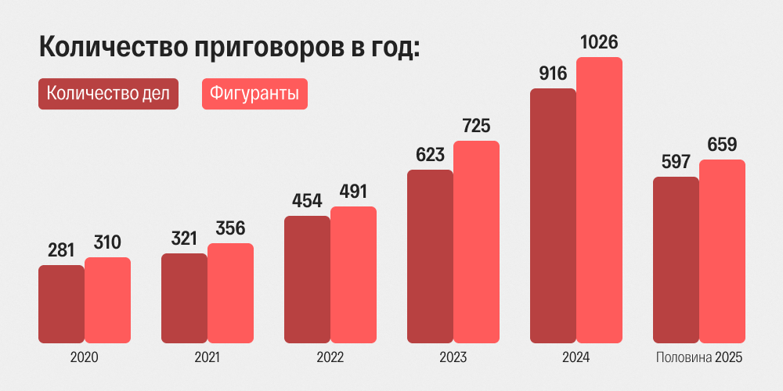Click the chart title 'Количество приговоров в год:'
click(x=229, y=46)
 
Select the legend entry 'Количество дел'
click(x=108, y=94)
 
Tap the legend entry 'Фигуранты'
click(x=254, y=94)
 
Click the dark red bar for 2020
click(x=61, y=303)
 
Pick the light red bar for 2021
click(x=230, y=292)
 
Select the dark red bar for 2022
click(x=307, y=279)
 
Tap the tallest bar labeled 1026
click(x=599, y=199)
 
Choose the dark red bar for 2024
click(x=553, y=215)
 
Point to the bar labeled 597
click(x=676, y=260)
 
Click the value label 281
click(x=61, y=250)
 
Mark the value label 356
click(x=230, y=228)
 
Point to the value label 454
click(x=307, y=201)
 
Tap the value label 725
click(x=476, y=125)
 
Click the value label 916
click(x=553, y=74)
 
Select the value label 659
click(x=722, y=145)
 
